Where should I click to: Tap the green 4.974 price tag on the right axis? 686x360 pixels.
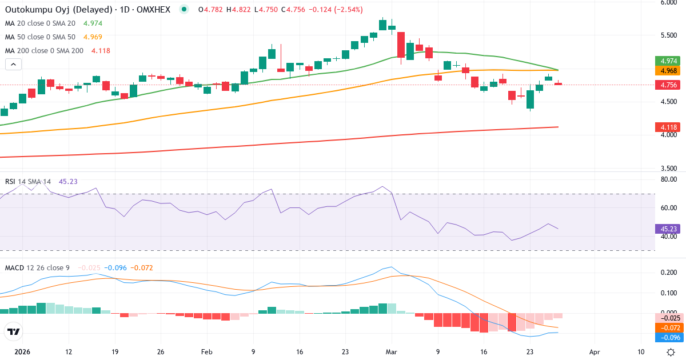pos(668,61)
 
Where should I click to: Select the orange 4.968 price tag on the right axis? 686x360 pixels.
pos(668,71)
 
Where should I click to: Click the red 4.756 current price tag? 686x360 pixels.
pos(668,85)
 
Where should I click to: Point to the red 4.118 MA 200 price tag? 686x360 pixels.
pos(668,127)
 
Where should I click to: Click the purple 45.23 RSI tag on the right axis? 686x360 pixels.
pos(668,229)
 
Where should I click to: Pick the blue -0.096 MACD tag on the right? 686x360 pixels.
pos(668,338)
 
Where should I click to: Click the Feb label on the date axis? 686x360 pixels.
pos(207,352)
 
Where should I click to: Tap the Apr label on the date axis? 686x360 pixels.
pos(595,352)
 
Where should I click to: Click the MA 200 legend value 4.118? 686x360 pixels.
pos(101,51)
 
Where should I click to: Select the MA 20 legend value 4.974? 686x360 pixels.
pos(93,23)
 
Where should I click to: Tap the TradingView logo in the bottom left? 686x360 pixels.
pos(14,331)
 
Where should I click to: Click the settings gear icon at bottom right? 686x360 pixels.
pos(671,352)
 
